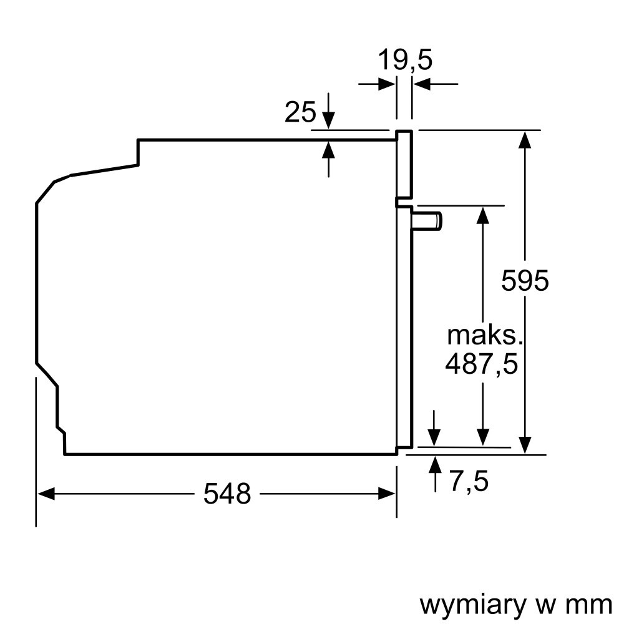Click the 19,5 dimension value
(405, 61)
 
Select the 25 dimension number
(300, 112)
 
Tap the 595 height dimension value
(525, 281)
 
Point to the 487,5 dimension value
(481, 364)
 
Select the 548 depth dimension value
(227, 494)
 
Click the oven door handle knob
(428, 221)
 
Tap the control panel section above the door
(404, 165)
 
